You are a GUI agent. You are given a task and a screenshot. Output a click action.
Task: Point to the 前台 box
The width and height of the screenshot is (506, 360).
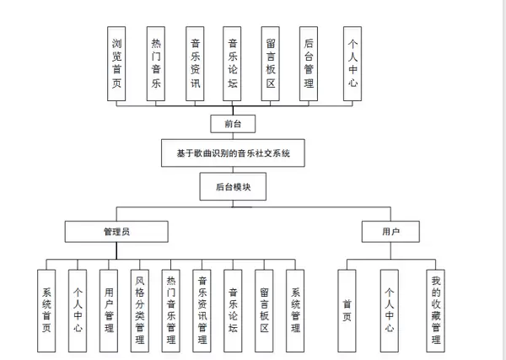click(x=234, y=123)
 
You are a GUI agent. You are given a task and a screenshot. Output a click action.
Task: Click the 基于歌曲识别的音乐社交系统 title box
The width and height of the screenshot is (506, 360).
click(x=234, y=153)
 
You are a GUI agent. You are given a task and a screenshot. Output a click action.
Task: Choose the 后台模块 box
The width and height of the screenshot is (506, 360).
click(x=234, y=185)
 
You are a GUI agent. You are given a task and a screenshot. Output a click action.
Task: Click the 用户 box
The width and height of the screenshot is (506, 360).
click(x=390, y=230)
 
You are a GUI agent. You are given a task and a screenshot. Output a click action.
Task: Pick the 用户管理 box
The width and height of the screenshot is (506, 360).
click(x=108, y=309)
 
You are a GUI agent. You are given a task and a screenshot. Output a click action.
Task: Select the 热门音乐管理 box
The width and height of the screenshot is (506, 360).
click(x=170, y=309)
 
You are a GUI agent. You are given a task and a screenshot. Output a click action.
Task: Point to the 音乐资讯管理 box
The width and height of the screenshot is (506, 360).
click(x=202, y=309)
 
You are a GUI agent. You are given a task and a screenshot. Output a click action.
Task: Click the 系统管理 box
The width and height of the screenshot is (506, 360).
click(x=295, y=309)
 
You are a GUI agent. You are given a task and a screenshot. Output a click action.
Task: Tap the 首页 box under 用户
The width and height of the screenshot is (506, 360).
click(x=347, y=309)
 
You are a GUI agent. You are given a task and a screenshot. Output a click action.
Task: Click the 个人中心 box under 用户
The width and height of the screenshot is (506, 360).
click(x=390, y=309)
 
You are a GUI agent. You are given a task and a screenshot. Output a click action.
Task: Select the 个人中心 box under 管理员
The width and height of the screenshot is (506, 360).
click(x=77, y=309)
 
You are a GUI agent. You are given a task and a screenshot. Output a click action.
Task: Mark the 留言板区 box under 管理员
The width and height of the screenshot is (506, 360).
click(x=264, y=309)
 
